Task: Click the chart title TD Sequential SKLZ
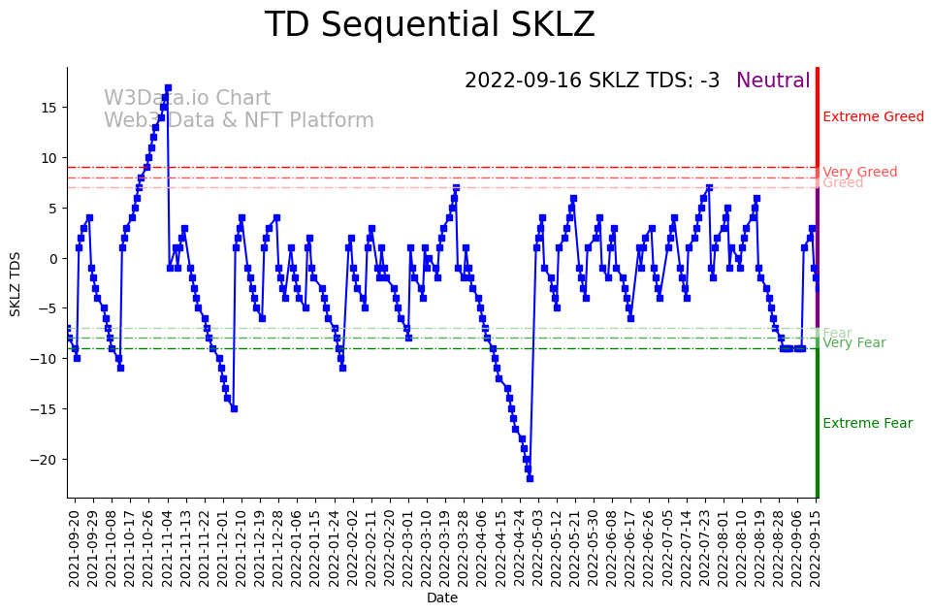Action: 430,25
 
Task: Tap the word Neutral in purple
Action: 773,81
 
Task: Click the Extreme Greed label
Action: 873,117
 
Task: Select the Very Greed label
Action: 859,173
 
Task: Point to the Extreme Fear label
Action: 867,424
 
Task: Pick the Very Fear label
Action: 853,343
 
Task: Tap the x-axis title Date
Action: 442,598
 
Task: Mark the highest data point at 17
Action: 168,87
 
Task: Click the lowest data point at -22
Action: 530,478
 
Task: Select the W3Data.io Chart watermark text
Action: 187,99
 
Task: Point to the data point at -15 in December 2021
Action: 234,408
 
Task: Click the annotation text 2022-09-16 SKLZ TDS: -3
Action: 592,81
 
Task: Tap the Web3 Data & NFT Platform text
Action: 239,121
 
